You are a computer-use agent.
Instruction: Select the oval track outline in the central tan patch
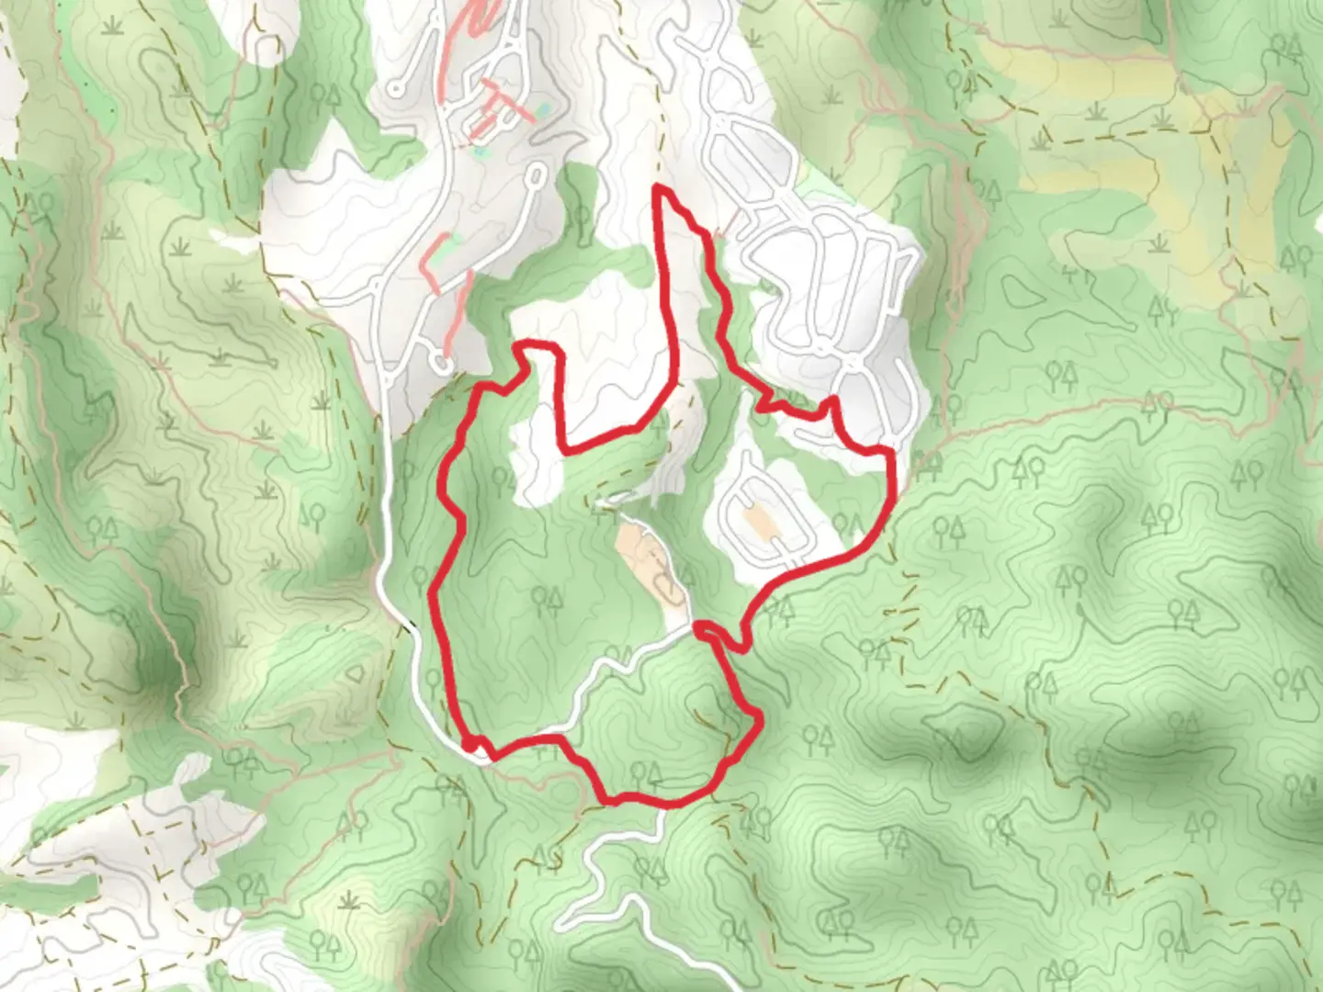click(x=668, y=588)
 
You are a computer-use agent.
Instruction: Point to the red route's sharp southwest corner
click(x=471, y=744)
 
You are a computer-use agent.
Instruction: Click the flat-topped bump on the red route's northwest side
click(x=537, y=346)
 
